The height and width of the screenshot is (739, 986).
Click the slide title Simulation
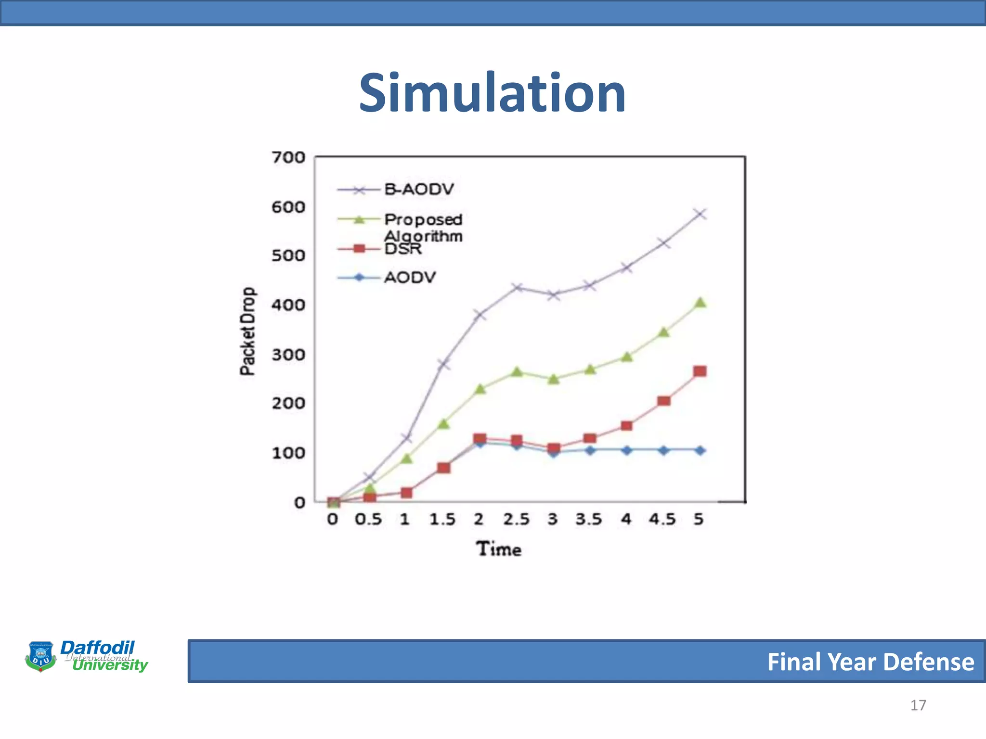[492, 93]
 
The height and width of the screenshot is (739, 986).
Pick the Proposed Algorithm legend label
[423, 227]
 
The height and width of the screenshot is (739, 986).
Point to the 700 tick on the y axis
[288, 157]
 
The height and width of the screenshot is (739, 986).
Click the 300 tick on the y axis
[288, 355]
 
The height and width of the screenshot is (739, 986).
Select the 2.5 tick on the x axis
[516, 520]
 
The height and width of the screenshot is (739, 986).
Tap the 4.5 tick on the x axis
[662, 520]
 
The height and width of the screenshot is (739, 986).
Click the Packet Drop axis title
[247, 331]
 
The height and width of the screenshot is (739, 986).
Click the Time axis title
[499, 549]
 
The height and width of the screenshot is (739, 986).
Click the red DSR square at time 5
[700, 371]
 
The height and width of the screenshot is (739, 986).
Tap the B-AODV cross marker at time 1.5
[443, 364]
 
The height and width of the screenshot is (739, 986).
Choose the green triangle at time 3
[554, 379]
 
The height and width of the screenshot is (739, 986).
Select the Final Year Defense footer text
[870, 662]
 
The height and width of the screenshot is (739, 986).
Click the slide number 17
[918, 705]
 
